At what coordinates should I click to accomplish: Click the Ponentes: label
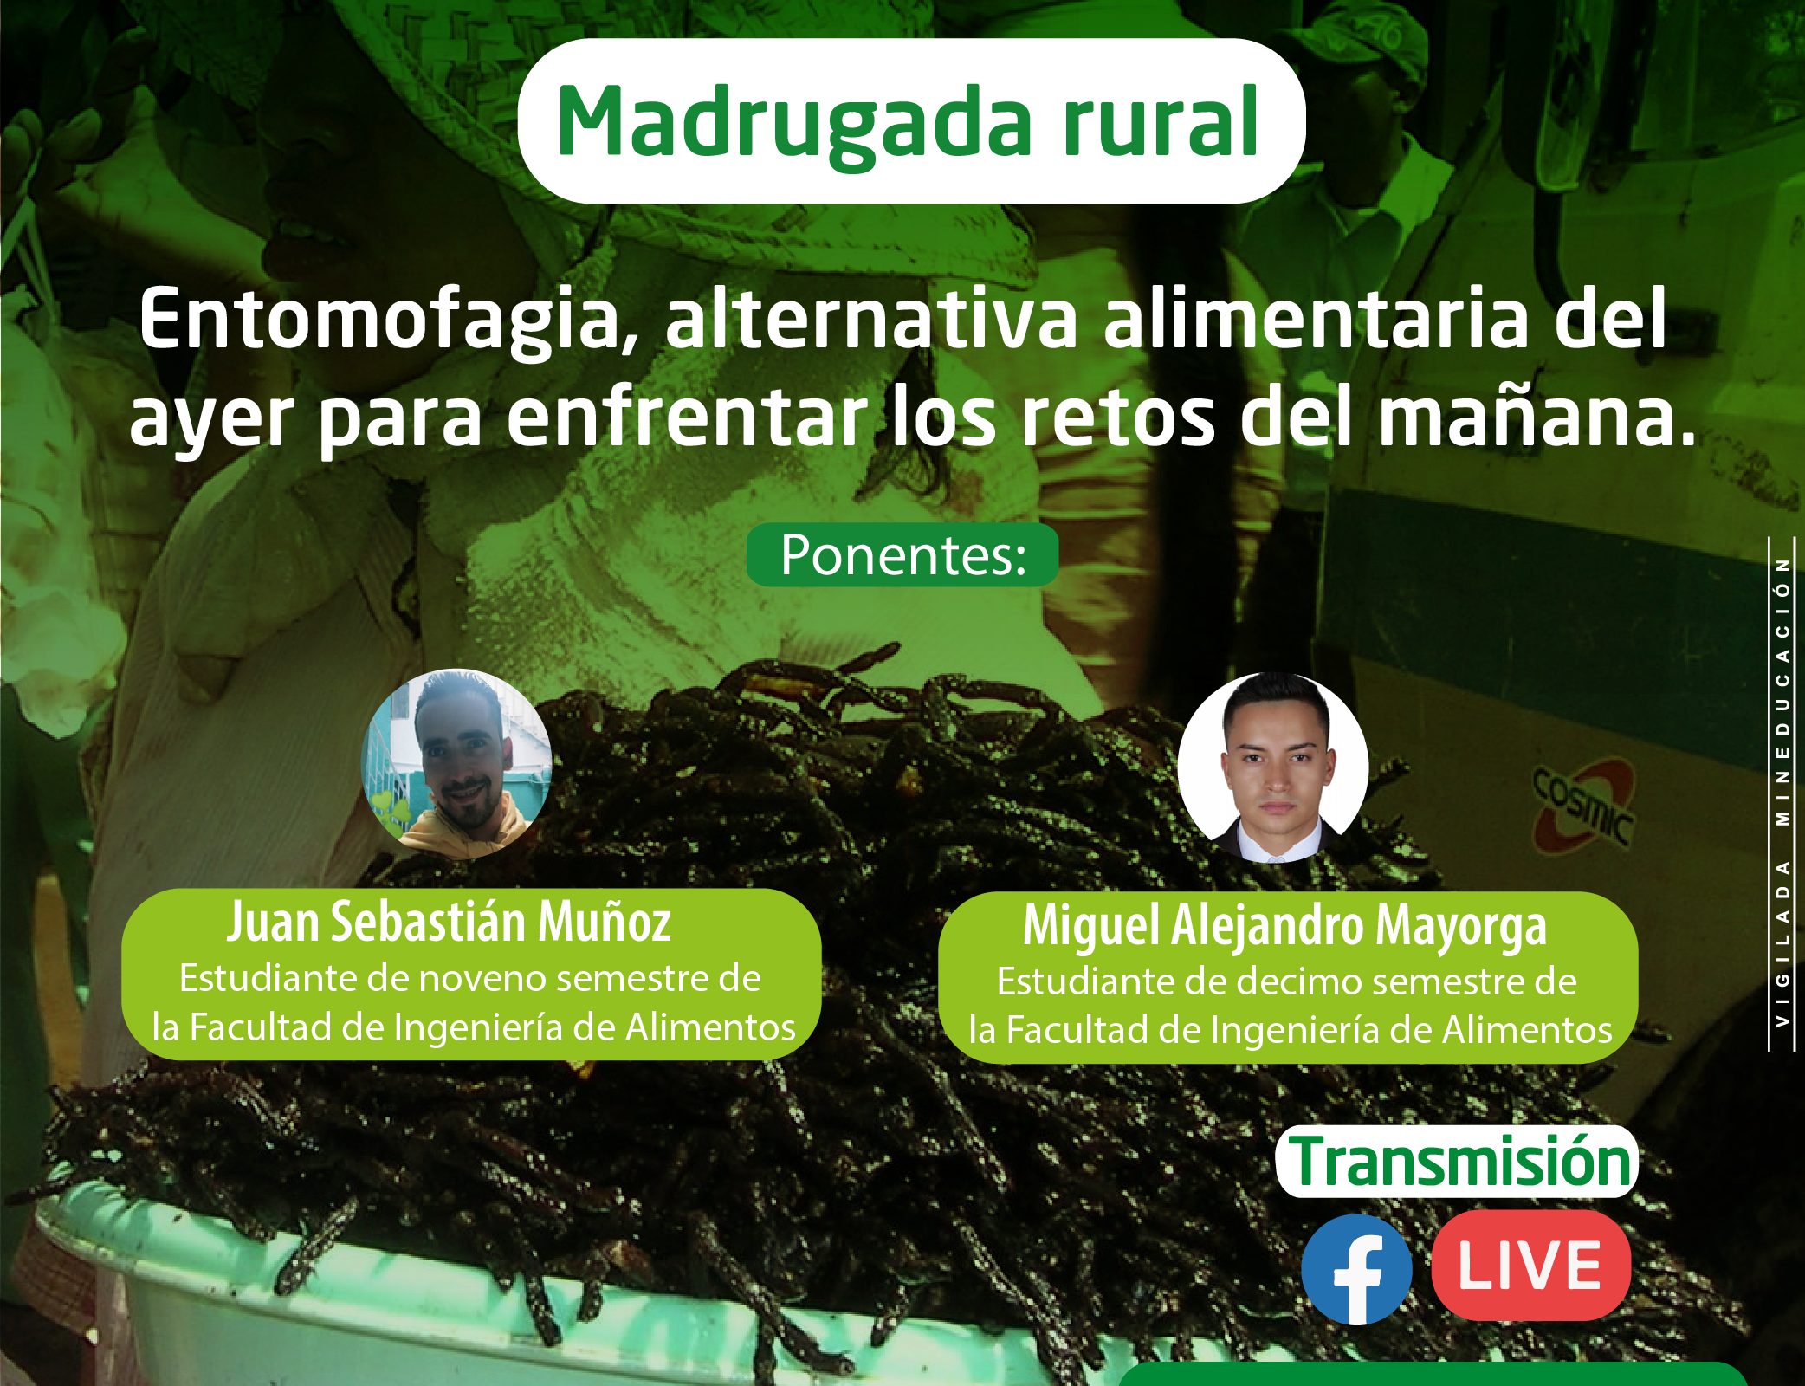pos(903,555)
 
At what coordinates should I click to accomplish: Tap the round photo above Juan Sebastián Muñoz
pos(456,764)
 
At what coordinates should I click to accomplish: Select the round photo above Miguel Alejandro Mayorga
pos(1273,767)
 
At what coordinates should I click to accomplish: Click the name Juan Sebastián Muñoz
pos(449,922)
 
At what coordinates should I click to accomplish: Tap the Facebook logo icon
pos(1356,1269)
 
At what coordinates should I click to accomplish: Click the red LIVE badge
pos(1531,1266)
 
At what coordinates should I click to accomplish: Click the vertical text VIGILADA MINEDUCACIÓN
pos(1782,793)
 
